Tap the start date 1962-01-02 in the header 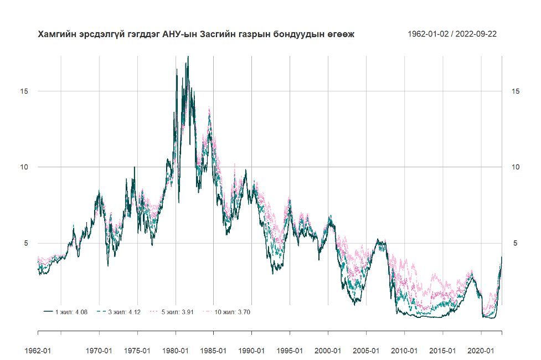coord(427,34)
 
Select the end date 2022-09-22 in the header coord(476,34)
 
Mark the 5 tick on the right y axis coord(513,243)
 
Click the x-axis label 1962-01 coord(38,350)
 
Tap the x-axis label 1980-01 coord(176,350)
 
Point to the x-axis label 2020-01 coord(481,350)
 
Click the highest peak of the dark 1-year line coord(188,57)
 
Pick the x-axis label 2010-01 coord(404,350)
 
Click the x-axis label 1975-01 coord(137,350)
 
